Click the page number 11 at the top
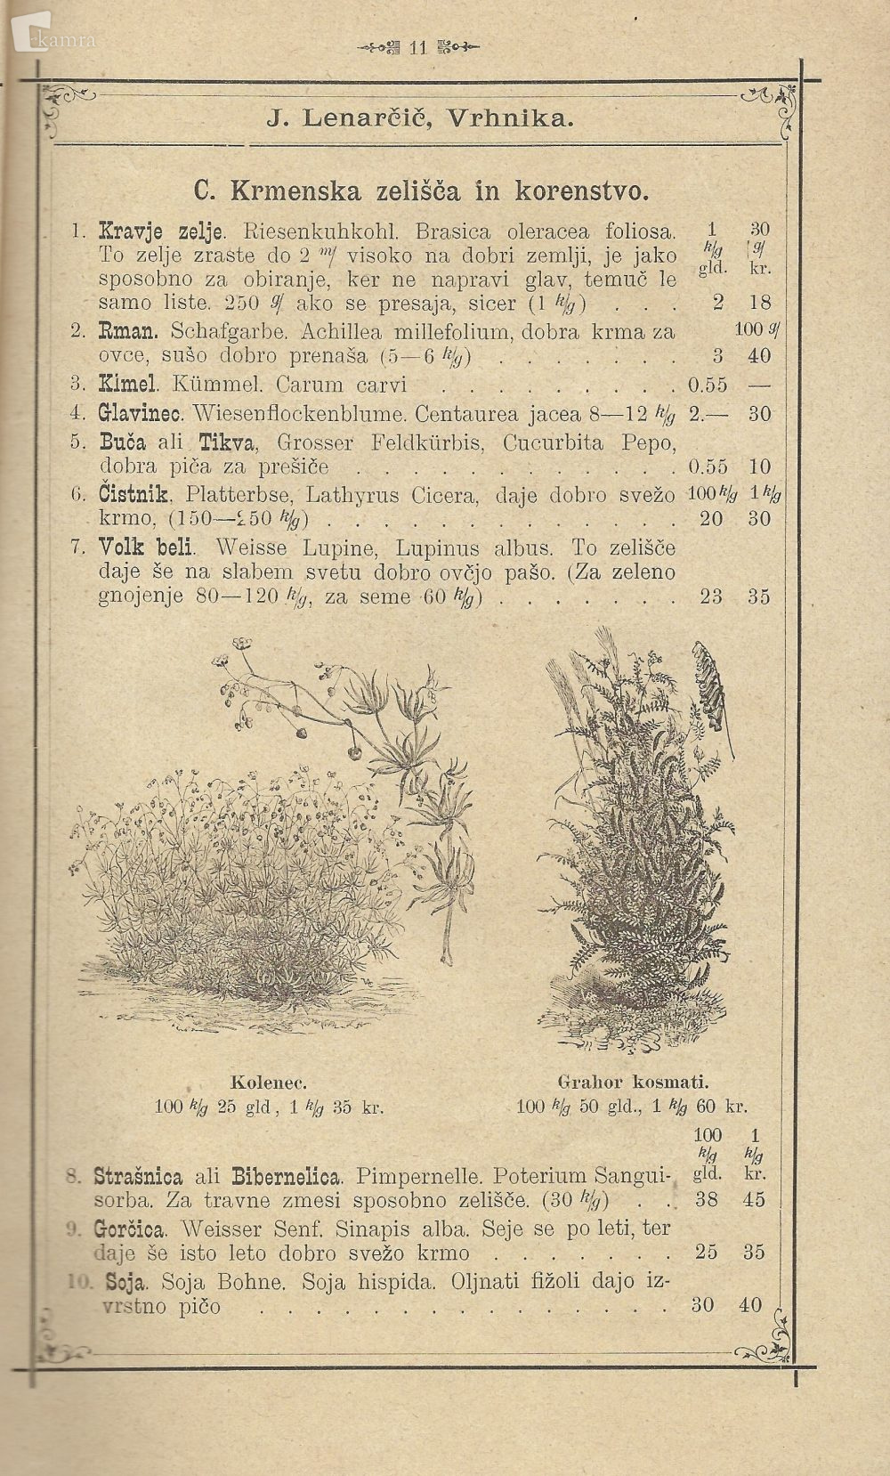coord(418,48)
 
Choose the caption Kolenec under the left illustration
coord(269,1083)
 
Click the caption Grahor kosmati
coord(633,1083)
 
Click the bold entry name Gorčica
coord(129,1229)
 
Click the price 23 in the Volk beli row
coord(710,596)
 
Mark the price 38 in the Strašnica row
coord(706,1199)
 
